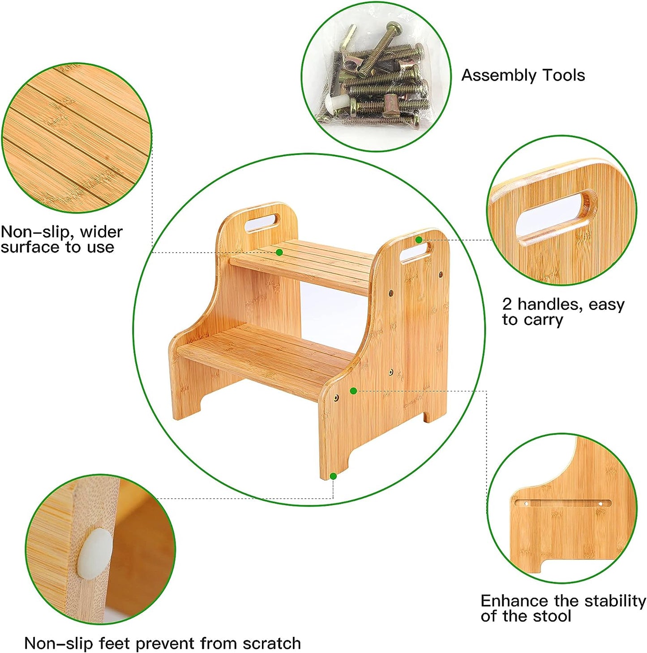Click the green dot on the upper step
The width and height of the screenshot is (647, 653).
(279, 253)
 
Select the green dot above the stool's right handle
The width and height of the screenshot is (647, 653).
(419, 240)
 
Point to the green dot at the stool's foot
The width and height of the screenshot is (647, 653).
(333, 476)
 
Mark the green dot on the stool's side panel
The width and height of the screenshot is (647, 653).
(353, 391)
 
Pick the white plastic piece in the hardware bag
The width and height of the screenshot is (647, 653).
(335, 101)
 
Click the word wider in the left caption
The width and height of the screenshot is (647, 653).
(102, 232)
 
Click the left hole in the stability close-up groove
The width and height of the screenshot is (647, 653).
(527, 513)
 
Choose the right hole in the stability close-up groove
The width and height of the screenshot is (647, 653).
(600, 513)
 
